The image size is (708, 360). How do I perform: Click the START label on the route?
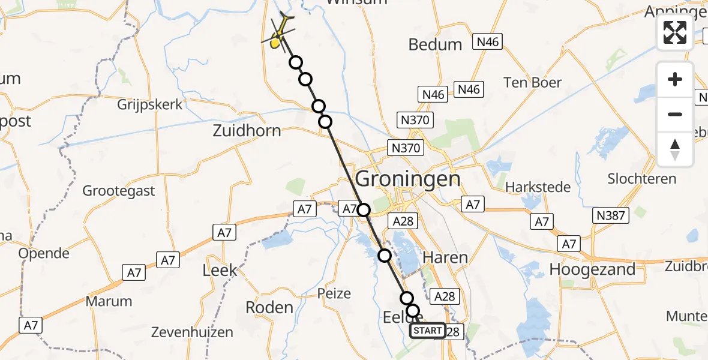pos(428,331)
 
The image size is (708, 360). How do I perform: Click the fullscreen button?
pos(675,32)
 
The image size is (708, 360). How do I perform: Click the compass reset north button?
pos(675,149)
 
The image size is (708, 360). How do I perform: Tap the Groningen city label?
pos(409,179)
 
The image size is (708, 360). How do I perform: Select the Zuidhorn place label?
pos(247,130)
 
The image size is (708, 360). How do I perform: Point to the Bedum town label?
pos(435,44)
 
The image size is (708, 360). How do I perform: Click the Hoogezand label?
pos(592,269)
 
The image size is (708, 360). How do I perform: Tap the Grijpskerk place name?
pos(150,104)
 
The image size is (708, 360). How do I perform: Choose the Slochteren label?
pos(642,179)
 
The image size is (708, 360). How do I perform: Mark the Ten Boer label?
pos(533,82)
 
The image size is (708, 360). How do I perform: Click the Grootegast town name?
pos(119,191)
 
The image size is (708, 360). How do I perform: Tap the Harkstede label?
pos(538,187)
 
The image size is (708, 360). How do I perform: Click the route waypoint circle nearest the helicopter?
pos(295,62)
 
